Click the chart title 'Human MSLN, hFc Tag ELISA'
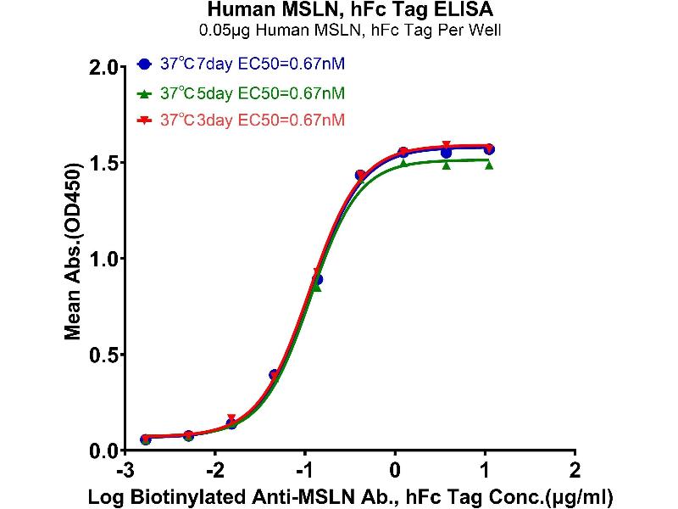[339, 11]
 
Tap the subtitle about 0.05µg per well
[339, 32]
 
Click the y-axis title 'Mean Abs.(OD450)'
[75, 259]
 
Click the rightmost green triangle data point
[489, 165]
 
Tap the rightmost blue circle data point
[489, 149]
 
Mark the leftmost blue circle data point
[146, 439]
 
